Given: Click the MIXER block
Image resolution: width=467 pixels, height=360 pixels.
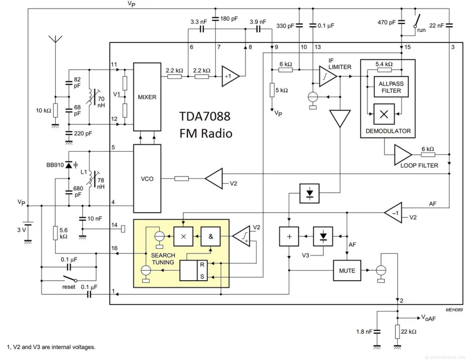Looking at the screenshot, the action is coord(147,97).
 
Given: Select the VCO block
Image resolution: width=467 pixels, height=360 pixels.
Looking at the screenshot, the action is coord(147,179).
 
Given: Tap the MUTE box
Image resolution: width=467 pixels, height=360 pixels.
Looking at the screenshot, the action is coord(347,270).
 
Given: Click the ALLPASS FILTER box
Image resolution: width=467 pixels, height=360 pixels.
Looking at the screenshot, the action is coord(391,87).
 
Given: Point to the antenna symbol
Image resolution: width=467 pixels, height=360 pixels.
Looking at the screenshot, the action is coord(55,40).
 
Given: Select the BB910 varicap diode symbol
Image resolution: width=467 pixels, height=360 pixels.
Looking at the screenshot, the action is coord(69,165).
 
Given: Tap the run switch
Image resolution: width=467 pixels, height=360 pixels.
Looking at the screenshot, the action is coord(416,21).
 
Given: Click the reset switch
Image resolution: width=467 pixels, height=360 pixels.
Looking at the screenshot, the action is coord(69,279).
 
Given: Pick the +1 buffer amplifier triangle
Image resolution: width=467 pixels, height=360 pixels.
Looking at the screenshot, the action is coord(230,76).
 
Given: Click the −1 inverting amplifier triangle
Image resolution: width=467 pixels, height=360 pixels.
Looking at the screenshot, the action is coord(393,212).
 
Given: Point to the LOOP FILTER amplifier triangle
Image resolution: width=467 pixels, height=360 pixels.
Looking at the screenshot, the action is coord(403,155).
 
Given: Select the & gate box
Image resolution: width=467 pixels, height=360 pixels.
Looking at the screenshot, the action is coord(211,237).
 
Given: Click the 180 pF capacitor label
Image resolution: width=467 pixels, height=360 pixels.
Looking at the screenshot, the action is coord(229,19).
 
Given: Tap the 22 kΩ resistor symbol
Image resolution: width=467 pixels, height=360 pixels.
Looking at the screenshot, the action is coord(397,332).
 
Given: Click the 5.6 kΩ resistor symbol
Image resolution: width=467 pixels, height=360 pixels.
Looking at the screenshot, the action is coord(55,233).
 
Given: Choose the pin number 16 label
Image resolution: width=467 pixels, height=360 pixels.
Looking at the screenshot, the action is coord(114,248).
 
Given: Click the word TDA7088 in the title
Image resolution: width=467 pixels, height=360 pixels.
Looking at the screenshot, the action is coord(205,116).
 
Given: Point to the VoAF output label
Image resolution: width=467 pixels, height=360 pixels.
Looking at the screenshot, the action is coord(428,318).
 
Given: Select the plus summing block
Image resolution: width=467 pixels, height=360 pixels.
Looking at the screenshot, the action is coord(289,237).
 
